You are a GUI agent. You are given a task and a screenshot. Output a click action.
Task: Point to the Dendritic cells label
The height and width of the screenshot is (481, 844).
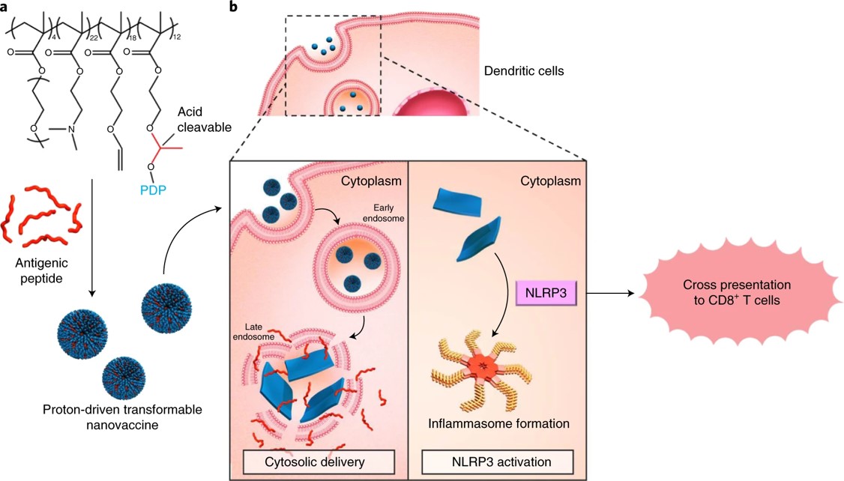pyautogui.click(x=523, y=72)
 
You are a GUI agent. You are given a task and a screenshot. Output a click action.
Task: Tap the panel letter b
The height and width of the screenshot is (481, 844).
pyautogui.click(x=234, y=7)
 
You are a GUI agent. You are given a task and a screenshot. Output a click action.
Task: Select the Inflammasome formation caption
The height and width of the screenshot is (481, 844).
pyautogui.click(x=498, y=424)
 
